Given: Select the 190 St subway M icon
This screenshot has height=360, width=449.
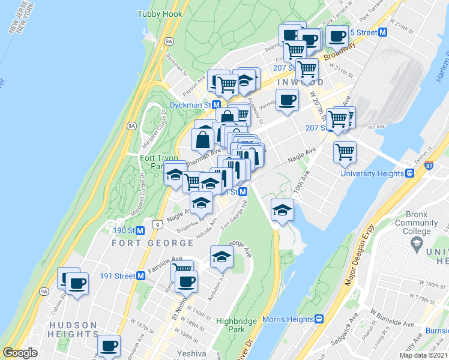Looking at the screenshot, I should [x=140, y=230].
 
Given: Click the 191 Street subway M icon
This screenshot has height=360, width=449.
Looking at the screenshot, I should [x=140, y=276].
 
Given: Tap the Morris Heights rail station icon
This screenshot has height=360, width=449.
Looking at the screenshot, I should [x=320, y=319].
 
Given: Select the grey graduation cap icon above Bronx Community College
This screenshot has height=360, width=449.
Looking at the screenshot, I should [x=416, y=244].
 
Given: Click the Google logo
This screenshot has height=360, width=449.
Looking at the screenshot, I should [x=20, y=353].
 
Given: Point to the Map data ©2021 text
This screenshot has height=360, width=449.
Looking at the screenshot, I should [x=423, y=355].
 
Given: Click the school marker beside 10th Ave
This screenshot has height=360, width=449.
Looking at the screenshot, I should [x=282, y=210].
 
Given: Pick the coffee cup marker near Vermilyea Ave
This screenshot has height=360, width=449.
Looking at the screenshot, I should [x=286, y=100].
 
